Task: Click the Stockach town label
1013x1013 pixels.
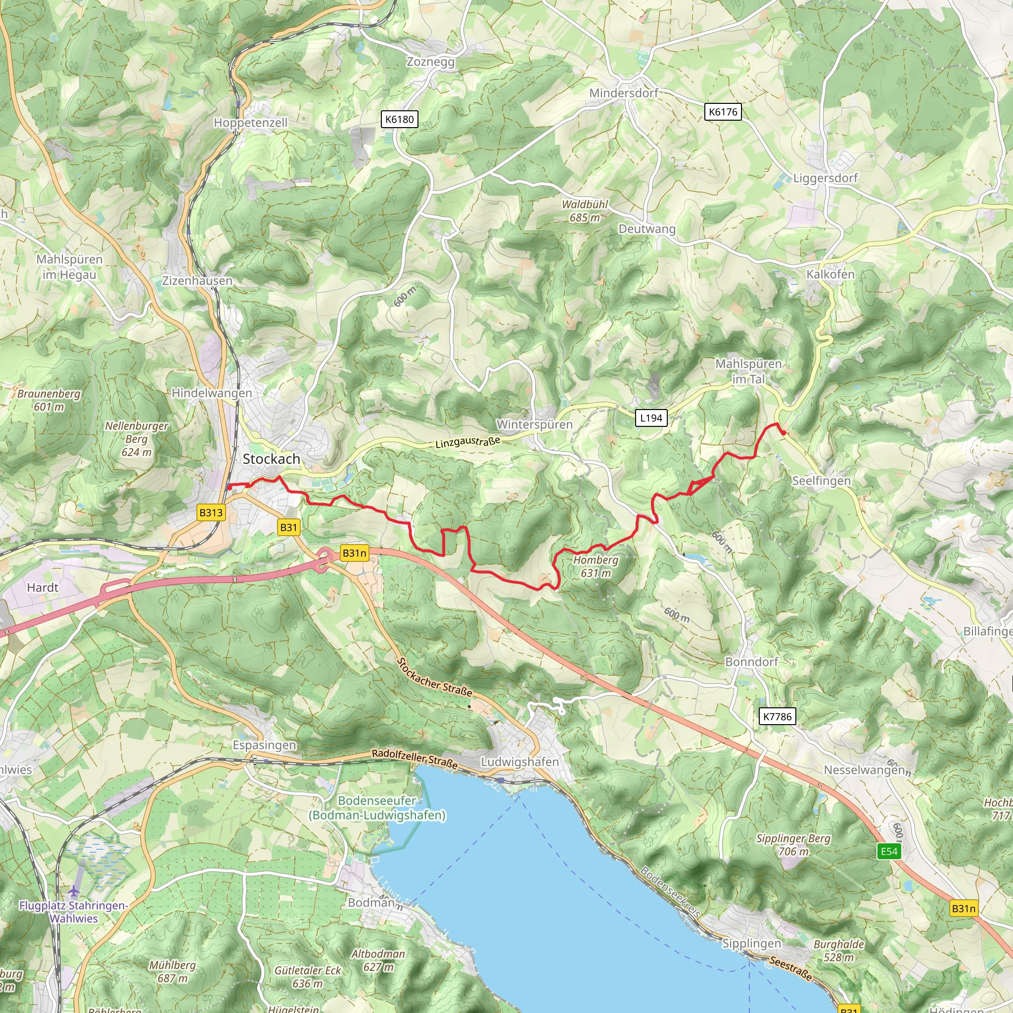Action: [271, 459]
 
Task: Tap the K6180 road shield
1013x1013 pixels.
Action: [400, 119]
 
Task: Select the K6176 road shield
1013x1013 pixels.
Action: [723, 112]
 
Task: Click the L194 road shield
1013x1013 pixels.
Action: [651, 418]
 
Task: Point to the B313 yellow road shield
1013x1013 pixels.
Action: [211, 512]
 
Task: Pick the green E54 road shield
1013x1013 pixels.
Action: [889, 851]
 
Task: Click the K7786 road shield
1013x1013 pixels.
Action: [777, 717]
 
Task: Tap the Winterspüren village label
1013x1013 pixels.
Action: [534, 424]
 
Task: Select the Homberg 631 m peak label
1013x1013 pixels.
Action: [596, 566]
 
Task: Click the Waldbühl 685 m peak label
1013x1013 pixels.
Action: [585, 211]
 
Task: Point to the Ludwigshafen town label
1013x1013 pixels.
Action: [520, 761]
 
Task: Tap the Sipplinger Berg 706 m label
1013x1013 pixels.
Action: [793, 845]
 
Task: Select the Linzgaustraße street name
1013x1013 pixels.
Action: [468, 442]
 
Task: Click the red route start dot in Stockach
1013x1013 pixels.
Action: [230, 488]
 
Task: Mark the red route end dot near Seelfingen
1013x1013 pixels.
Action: [783, 433]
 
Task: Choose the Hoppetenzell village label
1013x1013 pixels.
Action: [250, 123]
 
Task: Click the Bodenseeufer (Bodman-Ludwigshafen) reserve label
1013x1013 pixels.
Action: [377, 808]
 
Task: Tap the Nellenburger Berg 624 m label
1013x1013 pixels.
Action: [137, 439]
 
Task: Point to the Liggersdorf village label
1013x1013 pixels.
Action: [826, 178]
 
